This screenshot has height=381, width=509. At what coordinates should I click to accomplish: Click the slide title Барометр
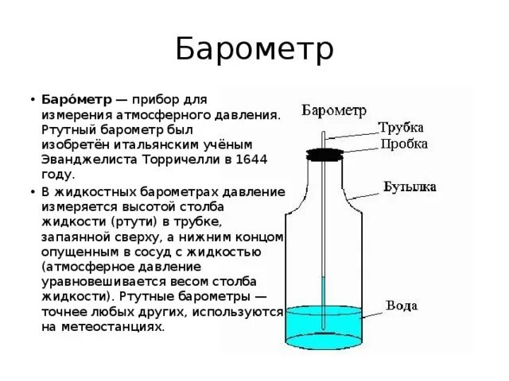pos(254,50)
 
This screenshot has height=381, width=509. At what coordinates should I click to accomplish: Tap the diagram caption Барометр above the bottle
pos(333,109)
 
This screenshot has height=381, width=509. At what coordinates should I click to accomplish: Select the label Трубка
pos(402,128)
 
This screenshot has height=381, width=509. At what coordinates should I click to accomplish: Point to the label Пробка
pos(404,144)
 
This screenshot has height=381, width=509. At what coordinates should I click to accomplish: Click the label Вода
pos(402,306)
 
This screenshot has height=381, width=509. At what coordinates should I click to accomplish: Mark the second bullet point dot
pos(33,192)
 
